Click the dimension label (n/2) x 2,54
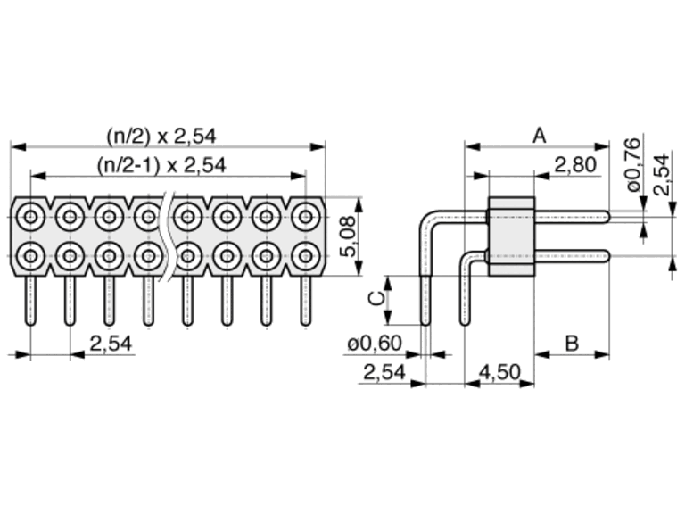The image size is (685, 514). tap(161, 136)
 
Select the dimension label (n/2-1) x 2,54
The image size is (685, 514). tap(161, 165)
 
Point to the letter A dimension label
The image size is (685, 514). tap(540, 136)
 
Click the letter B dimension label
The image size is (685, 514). tap(572, 343)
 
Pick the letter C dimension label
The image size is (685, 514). tap(376, 299)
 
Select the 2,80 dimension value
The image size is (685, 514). tap(575, 165)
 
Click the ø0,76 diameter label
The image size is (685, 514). tap(633, 164)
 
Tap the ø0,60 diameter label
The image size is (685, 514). tap(375, 343)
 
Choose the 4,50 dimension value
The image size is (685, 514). tap(499, 372)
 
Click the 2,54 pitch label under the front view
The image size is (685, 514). tap(111, 344)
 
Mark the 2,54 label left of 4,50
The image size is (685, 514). tap(384, 372)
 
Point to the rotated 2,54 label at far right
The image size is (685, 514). tap(662, 174)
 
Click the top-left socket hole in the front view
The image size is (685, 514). tap(30, 217)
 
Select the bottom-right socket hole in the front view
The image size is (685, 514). tap(306, 256)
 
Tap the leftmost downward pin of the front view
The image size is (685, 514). tap(30, 301)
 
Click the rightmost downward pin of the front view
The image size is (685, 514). tap(306, 301)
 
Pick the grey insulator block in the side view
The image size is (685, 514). tap(512, 236)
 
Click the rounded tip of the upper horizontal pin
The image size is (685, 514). tap(607, 217)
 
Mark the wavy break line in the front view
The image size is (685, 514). tap(168, 236)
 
